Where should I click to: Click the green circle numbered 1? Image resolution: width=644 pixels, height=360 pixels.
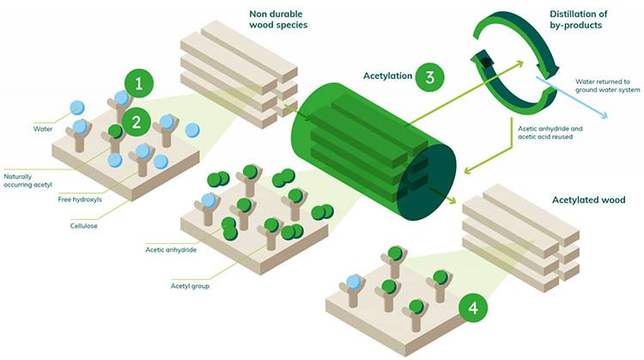pos(139,83)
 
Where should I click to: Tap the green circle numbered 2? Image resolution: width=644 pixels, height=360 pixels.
pos(136,121)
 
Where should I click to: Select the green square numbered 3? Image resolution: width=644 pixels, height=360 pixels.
pos(428,77)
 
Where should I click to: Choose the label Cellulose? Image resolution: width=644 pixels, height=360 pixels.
pos(88,226)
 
